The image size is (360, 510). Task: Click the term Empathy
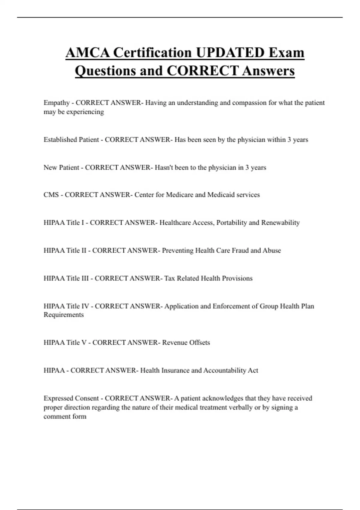[56, 103]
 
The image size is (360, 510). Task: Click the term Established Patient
[71, 140]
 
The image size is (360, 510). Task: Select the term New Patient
[61, 167]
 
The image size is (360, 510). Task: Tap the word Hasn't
[163, 167]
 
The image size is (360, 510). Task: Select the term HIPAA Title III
[66, 278]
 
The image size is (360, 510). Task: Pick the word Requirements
[64, 315]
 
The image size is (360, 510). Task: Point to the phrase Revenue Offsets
[186, 343]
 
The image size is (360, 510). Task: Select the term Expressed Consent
[71, 398]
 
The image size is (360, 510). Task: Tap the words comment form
[65, 416]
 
